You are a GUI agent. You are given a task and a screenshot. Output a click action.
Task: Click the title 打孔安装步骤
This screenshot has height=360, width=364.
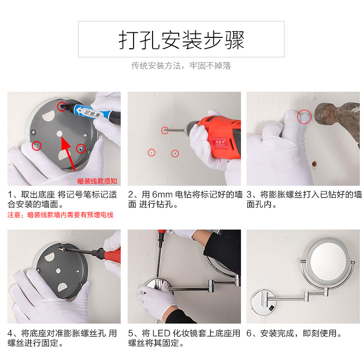click(x=181, y=40)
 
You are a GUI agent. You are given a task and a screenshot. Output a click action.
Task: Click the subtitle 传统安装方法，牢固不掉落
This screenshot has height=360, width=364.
click(x=181, y=66)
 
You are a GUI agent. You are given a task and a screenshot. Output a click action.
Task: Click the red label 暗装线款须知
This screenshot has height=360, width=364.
click(x=97, y=181)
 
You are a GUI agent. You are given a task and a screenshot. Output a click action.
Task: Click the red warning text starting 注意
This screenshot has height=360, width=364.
click(x=60, y=215)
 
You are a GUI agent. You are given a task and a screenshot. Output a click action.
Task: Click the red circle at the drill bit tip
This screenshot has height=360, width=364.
click(x=165, y=130)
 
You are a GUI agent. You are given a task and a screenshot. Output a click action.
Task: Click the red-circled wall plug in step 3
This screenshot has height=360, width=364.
click(x=304, y=117)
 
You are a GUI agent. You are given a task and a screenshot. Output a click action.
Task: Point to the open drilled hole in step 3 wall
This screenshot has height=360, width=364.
click(x=314, y=164)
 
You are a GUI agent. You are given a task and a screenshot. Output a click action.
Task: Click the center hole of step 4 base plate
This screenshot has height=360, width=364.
click(x=58, y=271)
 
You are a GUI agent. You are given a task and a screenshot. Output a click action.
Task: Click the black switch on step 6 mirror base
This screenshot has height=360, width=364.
click(x=271, y=308)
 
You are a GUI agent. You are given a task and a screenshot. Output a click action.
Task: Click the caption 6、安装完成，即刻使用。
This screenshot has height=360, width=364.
click(x=294, y=334)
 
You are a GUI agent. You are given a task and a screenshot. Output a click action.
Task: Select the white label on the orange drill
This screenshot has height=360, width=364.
click(x=220, y=143)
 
